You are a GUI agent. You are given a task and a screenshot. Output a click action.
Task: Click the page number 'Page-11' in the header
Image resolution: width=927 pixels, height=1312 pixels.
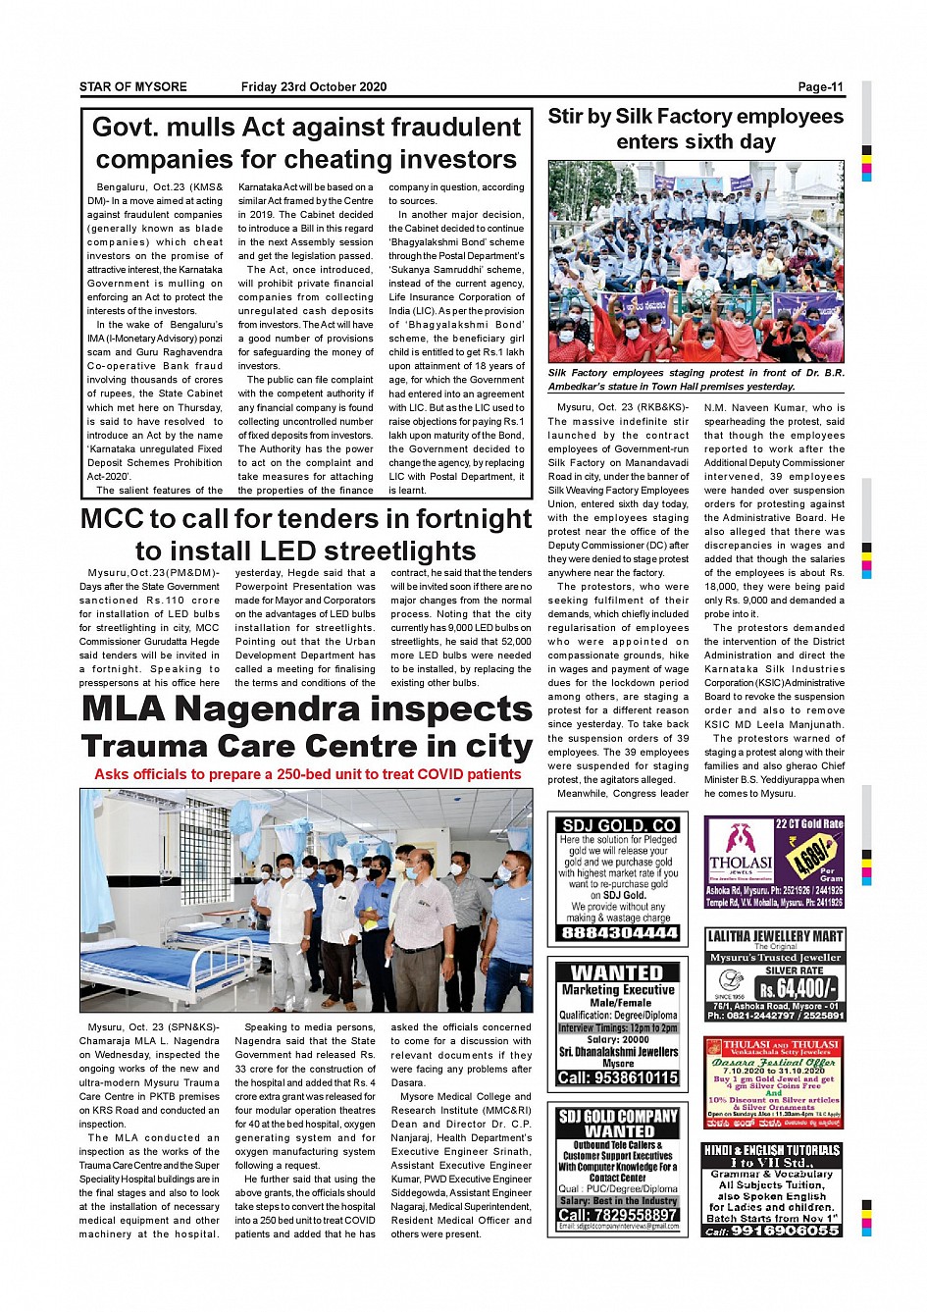coord(820,86)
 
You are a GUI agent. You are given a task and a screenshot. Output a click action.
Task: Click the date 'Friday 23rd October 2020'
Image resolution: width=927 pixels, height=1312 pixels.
coord(314,86)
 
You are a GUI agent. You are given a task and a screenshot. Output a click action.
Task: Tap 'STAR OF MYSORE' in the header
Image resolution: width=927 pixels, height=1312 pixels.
coord(133,86)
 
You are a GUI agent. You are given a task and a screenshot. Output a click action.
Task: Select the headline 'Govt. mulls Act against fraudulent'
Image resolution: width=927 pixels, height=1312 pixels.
coord(306,128)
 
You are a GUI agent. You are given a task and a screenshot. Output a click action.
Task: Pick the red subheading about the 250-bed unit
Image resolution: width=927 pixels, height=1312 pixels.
coord(307,774)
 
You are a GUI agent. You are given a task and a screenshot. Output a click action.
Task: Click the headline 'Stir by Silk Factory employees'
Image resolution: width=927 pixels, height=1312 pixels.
coord(695,117)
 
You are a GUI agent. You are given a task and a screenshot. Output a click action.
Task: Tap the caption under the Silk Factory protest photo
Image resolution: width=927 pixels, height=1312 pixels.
coord(695,380)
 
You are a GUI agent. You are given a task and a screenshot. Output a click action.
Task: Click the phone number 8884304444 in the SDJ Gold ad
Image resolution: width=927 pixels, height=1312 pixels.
coord(618,933)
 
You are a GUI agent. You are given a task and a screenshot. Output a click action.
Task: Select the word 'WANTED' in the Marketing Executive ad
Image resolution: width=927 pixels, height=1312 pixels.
coord(617,972)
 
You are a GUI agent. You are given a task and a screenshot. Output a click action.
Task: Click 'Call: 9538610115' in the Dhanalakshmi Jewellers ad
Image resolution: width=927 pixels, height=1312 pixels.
coord(617,1077)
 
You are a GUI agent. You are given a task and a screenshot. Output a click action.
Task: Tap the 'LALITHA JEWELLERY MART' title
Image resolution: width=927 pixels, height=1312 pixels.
coord(774,937)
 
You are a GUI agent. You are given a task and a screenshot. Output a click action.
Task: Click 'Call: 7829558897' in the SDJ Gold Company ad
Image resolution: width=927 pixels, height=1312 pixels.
coord(617,1215)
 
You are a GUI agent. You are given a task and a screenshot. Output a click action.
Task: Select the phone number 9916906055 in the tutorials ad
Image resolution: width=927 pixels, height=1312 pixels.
coord(784,1231)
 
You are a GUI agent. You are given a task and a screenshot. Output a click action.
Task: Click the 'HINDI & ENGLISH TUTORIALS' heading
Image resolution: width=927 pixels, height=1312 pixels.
coord(772,1150)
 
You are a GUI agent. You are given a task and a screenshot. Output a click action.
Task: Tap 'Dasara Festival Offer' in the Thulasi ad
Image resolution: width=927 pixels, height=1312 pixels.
coord(774,1063)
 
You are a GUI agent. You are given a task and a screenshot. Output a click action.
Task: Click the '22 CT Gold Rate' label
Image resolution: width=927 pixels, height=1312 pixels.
coord(809,824)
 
